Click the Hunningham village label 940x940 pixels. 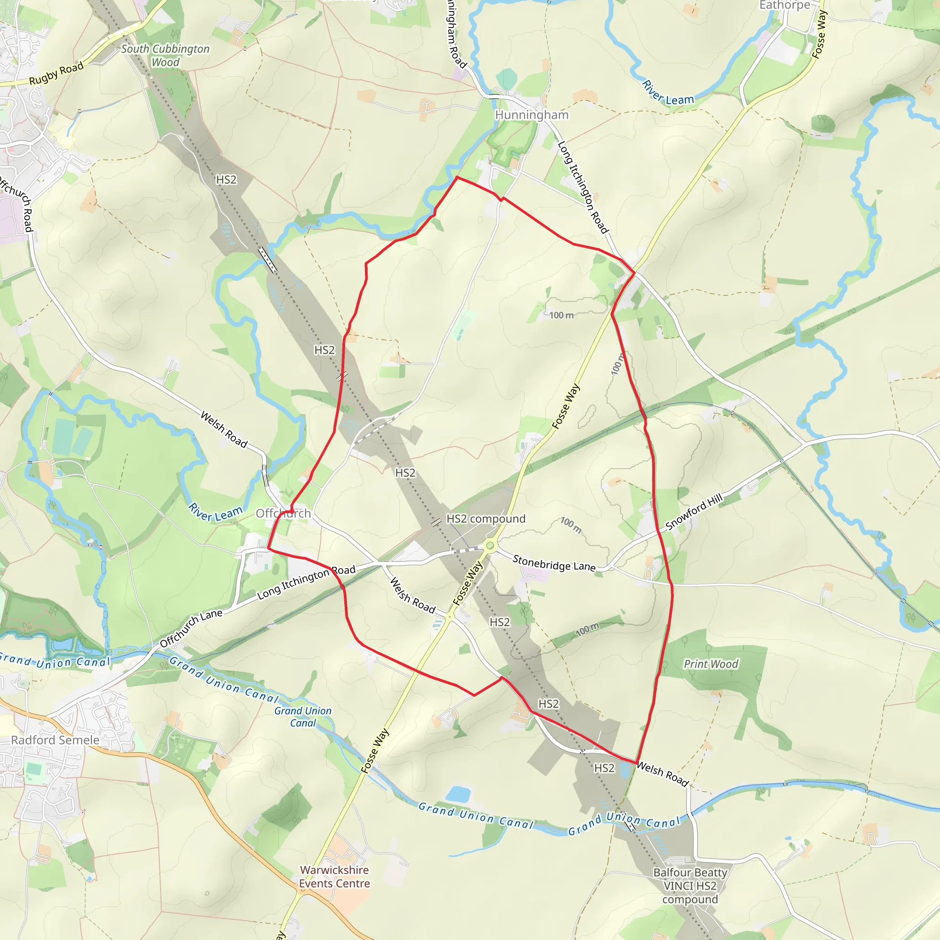(532, 115)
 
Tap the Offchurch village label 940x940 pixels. (283, 513)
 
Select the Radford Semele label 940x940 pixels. (55, 740)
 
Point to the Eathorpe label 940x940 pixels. (784, 6)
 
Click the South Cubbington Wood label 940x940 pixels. (165, 56)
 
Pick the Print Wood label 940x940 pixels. (711, 664)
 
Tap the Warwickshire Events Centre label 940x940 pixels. (334, 876)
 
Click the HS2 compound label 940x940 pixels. (486, 519)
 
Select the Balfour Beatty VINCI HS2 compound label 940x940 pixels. (690, 885)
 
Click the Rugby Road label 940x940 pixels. (56, 73)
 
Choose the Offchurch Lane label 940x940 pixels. (191, 628)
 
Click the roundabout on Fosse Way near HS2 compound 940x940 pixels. (490, 545)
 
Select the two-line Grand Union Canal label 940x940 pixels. (302, 716)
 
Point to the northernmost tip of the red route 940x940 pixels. (456, 178)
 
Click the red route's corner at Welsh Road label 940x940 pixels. (637, 763)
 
